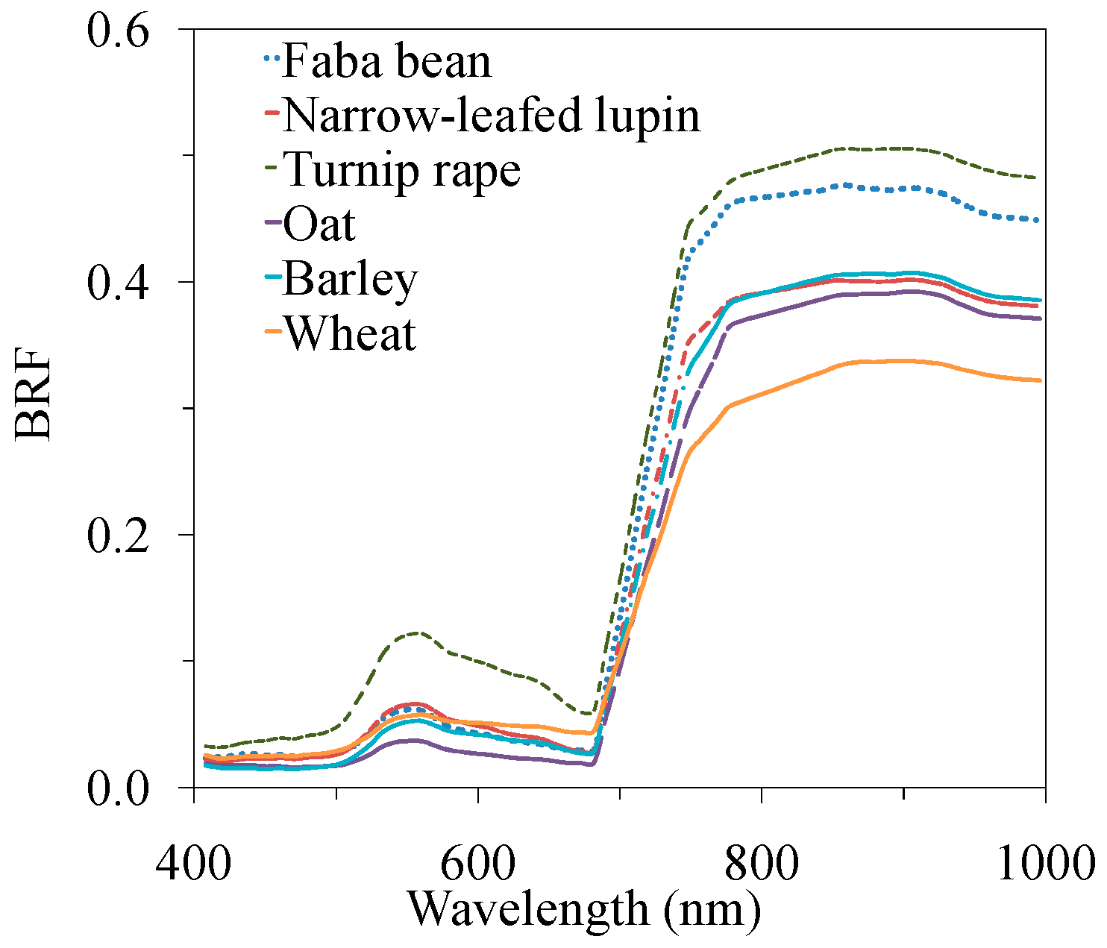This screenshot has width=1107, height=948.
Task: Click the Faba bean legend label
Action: [x=386, y=61]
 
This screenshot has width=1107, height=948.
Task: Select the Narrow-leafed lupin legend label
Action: [x=492, y=116]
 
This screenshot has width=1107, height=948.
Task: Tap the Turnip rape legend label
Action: [x=402, y=170]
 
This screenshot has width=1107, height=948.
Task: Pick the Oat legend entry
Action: [x=319, y=224]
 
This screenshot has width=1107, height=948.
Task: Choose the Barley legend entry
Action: [x=350, y=279]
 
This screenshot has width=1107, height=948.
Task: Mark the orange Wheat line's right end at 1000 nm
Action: [x=1040, y=380]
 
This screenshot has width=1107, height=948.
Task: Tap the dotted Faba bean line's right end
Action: [x=1040, y=220]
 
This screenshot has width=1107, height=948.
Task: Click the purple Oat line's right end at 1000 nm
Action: [x=1040, y=318]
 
